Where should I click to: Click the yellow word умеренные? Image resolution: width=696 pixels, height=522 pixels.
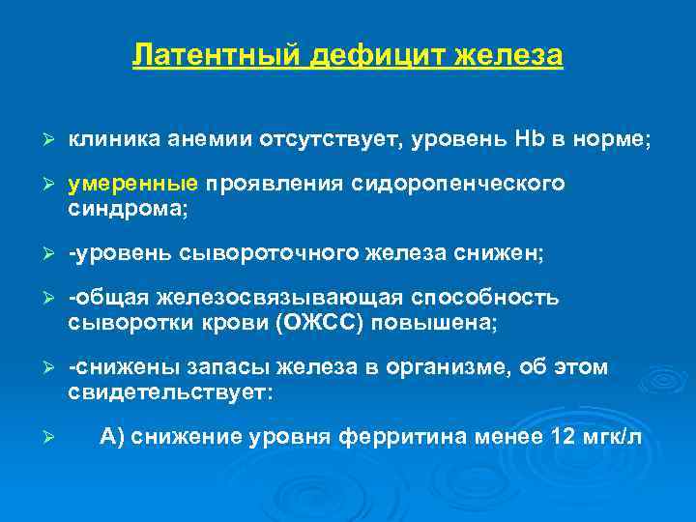point(133,185)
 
